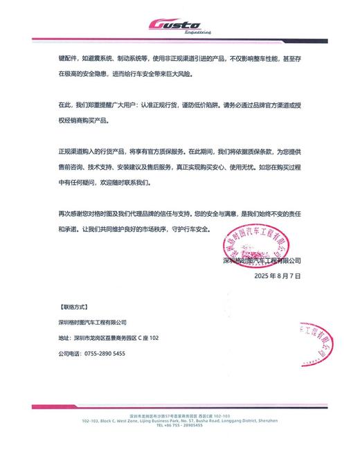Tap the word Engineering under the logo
[x=197, y=33]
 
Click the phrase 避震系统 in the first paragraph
[x=101, y=59]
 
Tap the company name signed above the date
[x=262, y=261]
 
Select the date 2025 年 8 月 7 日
[x=278, y=275]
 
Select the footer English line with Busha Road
[x=179, y=420]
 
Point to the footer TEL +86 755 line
[x=179, y=426]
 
